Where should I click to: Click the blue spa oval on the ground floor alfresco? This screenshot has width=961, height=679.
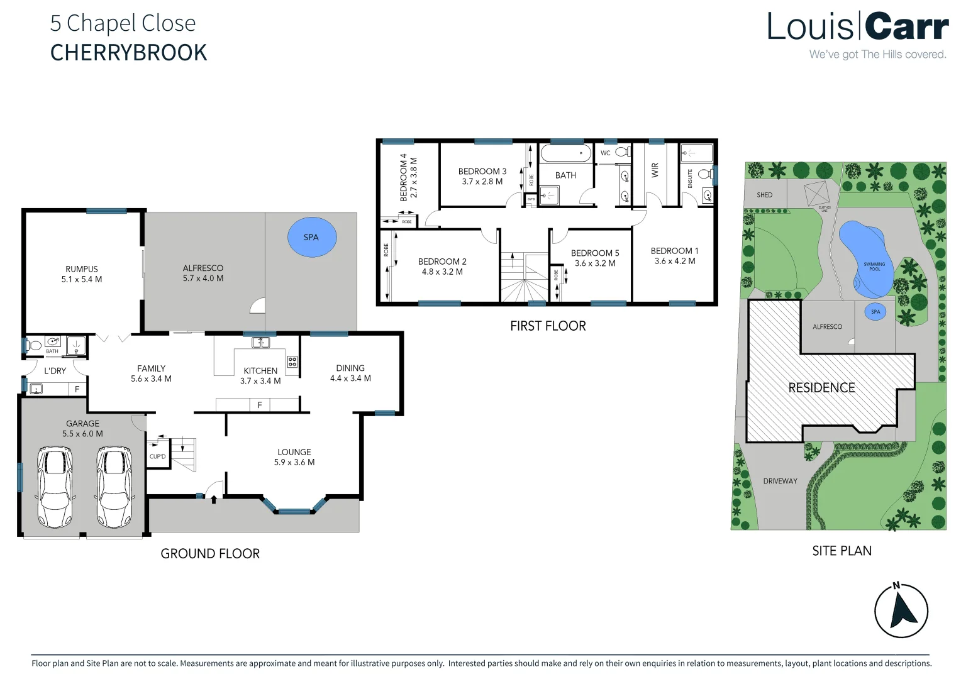312,237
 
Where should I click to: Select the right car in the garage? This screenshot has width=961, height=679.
114,487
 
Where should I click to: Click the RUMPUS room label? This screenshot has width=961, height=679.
82,269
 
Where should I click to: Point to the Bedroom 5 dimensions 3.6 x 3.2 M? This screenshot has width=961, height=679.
595,263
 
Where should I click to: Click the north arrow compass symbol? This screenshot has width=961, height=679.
901,610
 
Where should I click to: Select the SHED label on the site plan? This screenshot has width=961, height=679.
764,195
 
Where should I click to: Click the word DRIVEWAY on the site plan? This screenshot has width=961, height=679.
780,481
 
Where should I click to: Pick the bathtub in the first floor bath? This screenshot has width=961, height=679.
566,153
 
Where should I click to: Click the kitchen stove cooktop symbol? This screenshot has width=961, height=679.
292,362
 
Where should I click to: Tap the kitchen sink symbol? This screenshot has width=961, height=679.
260,343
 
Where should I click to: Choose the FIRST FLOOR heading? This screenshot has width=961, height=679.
548,326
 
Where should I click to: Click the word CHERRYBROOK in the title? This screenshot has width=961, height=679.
128,53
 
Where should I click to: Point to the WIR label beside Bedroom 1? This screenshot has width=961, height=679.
655,170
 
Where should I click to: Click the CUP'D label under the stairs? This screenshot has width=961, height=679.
157,456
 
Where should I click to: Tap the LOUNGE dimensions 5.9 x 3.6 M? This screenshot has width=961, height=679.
294,462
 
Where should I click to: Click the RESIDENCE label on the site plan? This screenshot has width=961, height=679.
821,388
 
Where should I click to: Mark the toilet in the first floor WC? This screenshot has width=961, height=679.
622,152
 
